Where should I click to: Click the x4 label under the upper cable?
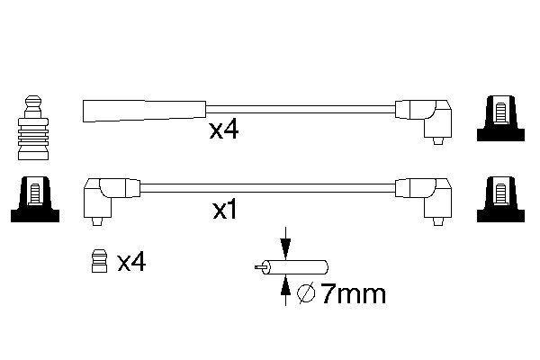coord(223,130)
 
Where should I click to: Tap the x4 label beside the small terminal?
coord(131,262)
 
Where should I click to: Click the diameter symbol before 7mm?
coord(305,292)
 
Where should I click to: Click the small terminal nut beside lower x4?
coord(101,262)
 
